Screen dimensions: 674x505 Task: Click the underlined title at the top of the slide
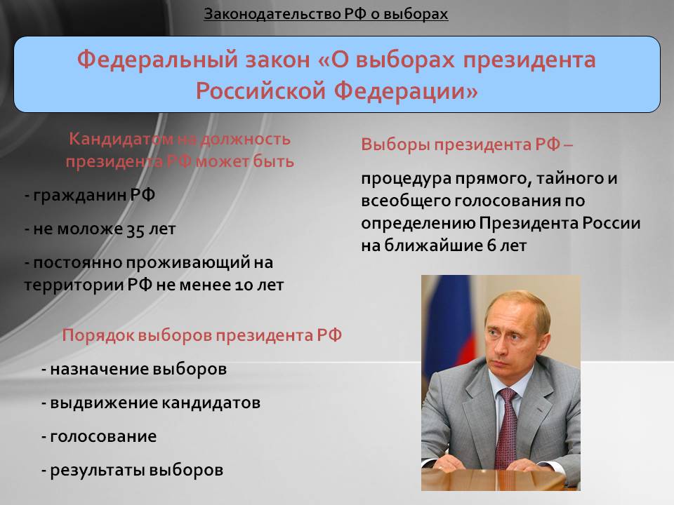coord(326,14)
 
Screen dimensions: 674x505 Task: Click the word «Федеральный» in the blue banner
coord(157,60)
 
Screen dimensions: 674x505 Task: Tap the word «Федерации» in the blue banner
coord(406,91)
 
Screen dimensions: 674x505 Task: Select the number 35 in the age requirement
coord(135,229)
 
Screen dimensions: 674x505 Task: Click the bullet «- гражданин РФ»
coord(89,196)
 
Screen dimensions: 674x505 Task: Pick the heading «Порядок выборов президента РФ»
coord(201,335)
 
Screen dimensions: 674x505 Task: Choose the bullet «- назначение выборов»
coord(134,369)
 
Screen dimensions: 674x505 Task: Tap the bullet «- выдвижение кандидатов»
coord(151,403)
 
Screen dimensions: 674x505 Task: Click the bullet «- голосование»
coord(99,436)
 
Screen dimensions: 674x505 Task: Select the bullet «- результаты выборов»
coord(133,470)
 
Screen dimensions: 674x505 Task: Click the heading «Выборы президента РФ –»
coord(467,144)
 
